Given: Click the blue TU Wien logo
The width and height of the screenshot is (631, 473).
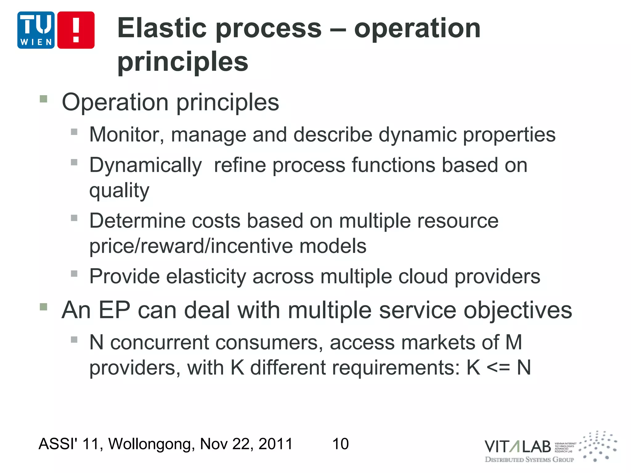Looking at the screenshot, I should (x=36, y=30).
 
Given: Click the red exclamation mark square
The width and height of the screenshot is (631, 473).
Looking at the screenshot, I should (x=76, y=30).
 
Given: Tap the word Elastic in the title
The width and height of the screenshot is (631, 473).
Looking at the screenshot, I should (x=162, y=28).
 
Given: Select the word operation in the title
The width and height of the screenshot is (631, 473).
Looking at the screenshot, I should (x=417, y=28).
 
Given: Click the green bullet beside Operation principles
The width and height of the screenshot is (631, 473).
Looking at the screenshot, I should (x=43, y=99).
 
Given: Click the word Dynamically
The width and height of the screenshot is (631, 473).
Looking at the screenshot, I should (x=145, y=166).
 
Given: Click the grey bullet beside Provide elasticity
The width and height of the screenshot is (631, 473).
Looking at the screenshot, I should (x=74, y=273).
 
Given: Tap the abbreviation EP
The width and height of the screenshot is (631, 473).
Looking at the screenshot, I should (x=114, y=310).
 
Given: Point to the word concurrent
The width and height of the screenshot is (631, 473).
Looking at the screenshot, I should (x=160, y=342).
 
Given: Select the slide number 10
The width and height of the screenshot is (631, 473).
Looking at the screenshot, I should (x=340, y=444).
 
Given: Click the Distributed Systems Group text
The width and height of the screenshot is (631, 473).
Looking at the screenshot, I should (x=529, y=460).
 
